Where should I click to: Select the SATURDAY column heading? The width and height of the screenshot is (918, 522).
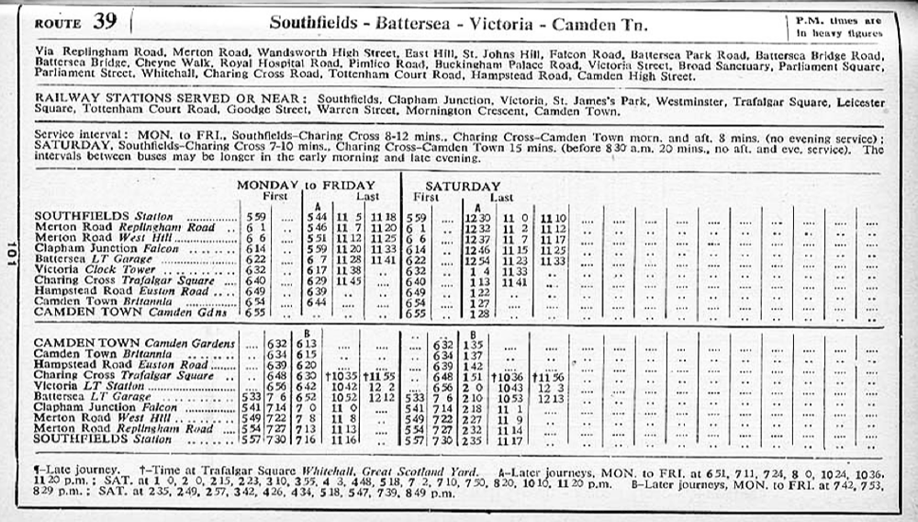point(463,186)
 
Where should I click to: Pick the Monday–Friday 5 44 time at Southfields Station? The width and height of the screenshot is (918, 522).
point(316,217)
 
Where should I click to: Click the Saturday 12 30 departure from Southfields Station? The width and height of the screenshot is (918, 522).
point(476,217)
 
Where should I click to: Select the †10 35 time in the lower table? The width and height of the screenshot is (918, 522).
point(344,376)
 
